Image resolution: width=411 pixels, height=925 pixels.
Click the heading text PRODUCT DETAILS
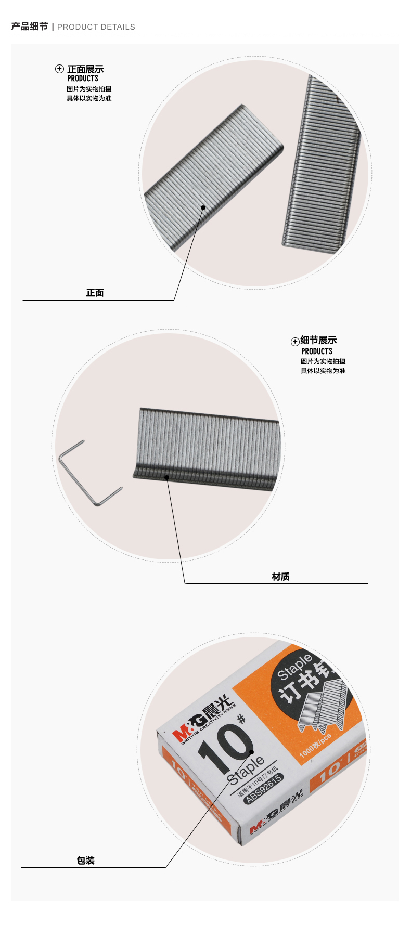[x=96, y=27]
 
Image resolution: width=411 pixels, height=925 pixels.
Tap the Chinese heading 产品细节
[x=30, y=27]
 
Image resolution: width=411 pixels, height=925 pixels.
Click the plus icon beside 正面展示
[x=60, y=69]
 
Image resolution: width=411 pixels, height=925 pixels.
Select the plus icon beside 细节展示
[x=294, y=342]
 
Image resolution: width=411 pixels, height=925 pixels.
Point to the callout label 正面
[x=95, y=293]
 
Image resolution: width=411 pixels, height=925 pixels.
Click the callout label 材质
[x=280, y=577]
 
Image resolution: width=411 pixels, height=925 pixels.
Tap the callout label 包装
[x=86, y=861]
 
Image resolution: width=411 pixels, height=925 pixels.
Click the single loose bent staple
[x=89, y=474]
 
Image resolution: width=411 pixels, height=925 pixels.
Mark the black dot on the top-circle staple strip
[x=203, y=207]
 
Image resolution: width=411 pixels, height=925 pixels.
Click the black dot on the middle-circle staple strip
[x=167, y=477]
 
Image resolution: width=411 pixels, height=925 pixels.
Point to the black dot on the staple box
[x=252, y=751]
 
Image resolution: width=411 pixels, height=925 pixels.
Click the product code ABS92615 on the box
[x=264, y=788]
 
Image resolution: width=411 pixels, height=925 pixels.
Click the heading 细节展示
[x=318, y=341]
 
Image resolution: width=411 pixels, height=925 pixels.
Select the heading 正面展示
[x=85, y=69]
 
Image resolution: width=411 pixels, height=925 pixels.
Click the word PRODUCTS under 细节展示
[x=316, y=351]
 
